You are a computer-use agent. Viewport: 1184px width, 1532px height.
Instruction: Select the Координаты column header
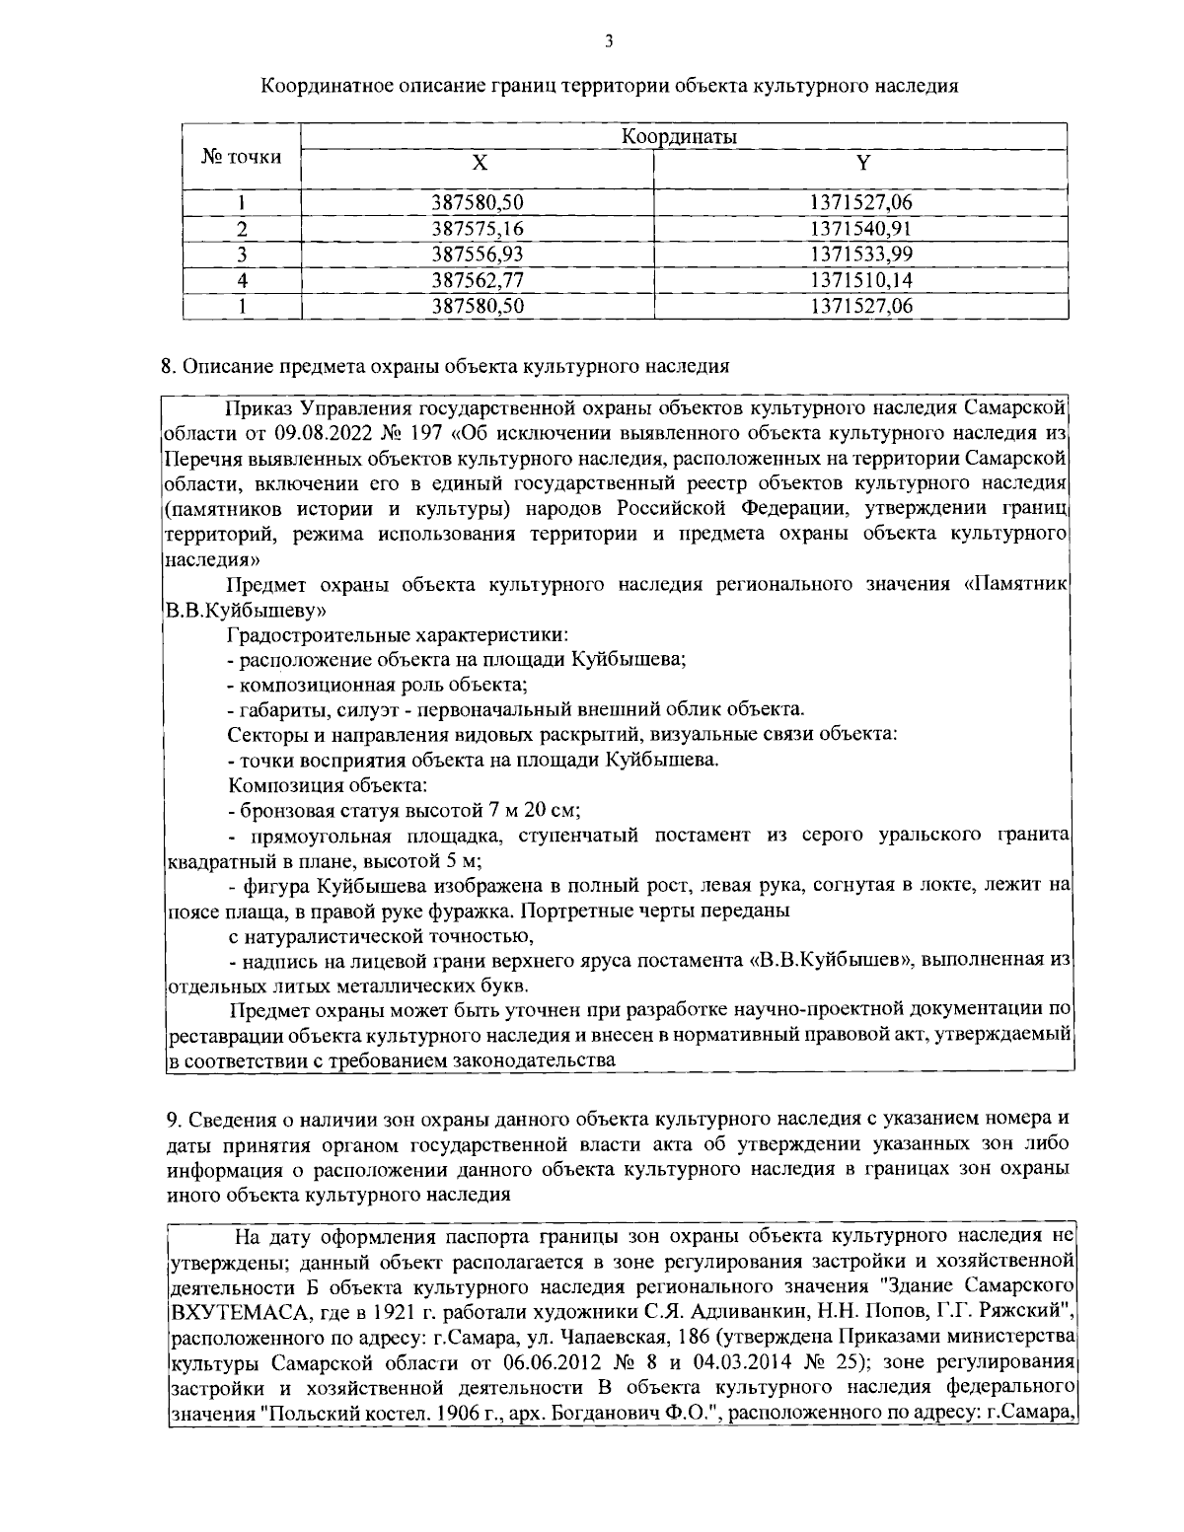click(681, 136)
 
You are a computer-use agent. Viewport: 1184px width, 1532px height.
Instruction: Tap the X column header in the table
click(478, 163)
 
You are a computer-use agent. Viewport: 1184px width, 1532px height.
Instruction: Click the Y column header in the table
click(861, 163)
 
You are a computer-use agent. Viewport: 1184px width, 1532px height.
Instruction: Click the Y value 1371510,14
click(861, 280)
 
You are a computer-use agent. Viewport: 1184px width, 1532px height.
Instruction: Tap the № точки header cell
click(241, 156)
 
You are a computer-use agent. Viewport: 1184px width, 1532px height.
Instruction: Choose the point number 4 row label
click(241, 280)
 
